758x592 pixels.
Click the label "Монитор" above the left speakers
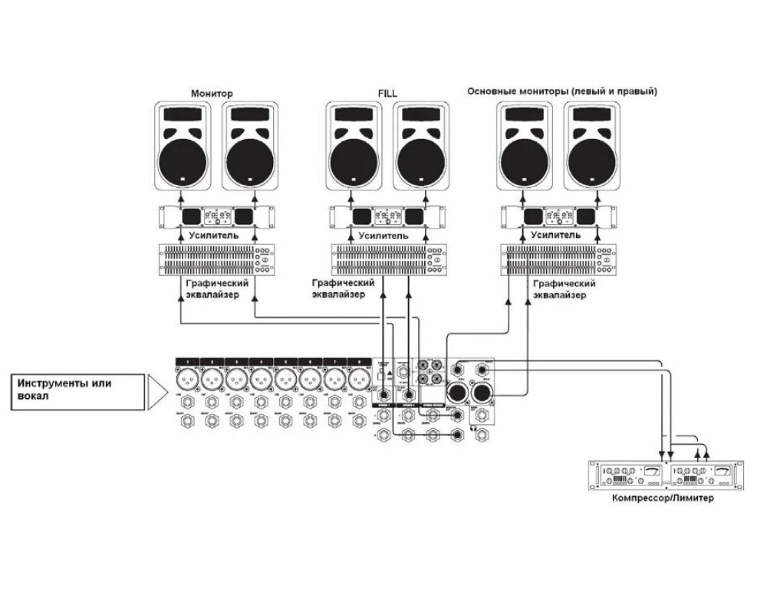212,94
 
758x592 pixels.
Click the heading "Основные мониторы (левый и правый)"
563,91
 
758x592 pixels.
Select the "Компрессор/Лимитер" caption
663,498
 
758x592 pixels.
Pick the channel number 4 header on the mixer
261,362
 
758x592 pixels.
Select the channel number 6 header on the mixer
310,362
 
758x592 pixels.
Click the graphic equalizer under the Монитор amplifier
215,260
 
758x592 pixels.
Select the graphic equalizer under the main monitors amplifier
559,260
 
